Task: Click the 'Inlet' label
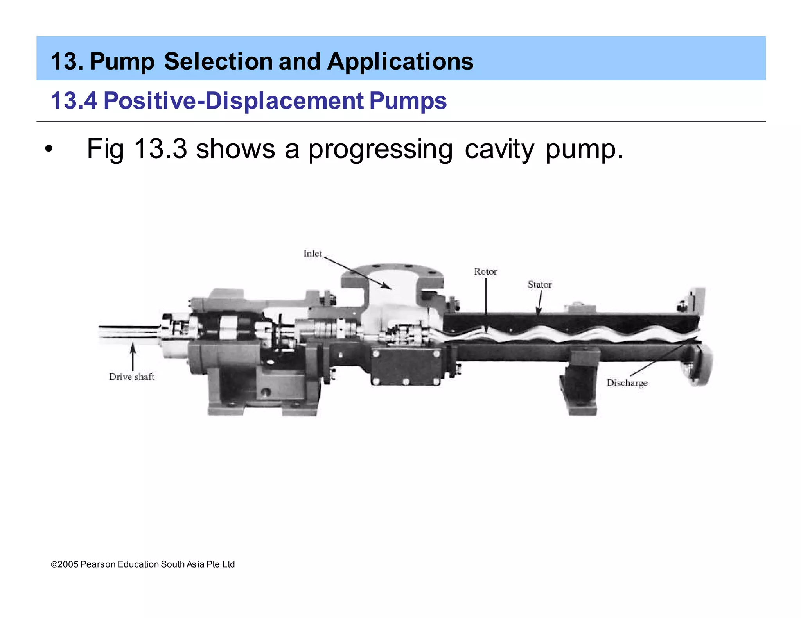click(312, 254)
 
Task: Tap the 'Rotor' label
click(485, 271)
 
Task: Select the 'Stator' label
click(539, 284)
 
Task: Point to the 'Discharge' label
click(627, 383)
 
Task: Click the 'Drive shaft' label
click(131, 377)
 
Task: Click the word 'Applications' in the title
click(400, 61)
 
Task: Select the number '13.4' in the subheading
click(74, 100)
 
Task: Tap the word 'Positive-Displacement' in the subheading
click(233, 100)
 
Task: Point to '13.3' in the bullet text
click(160, 149)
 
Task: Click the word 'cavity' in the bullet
click(499, 149)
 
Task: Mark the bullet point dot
click(48, 149)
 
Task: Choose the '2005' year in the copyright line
click(68, 564)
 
